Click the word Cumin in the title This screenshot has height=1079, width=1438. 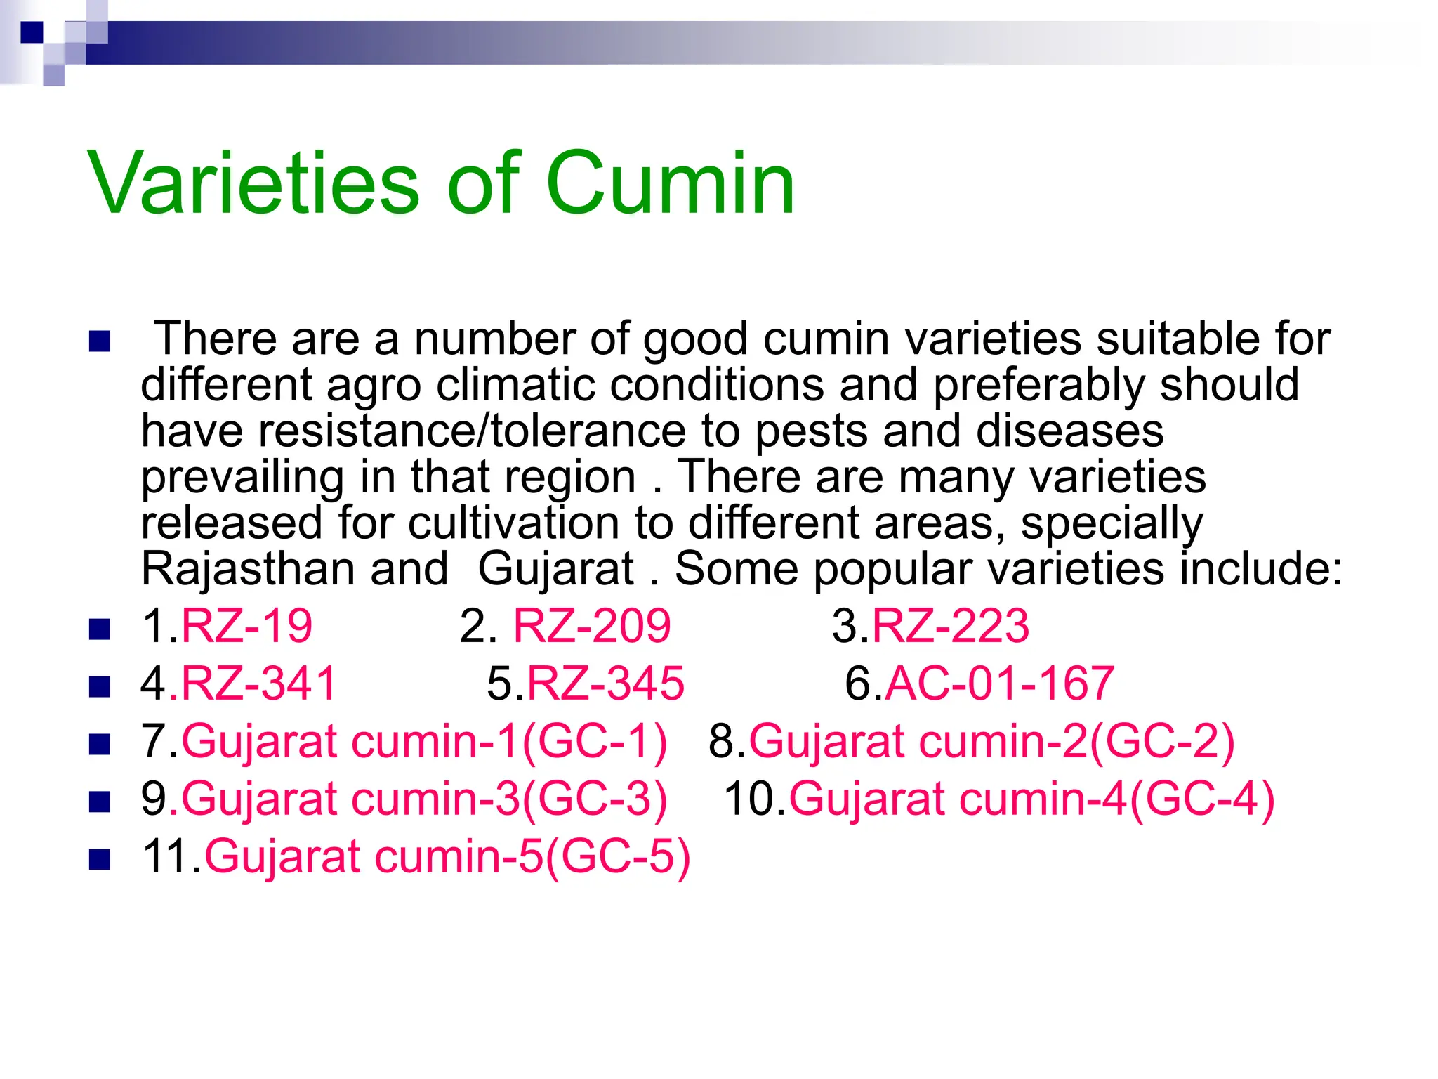tap(670, 184)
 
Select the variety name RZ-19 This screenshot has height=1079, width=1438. tap(246, 625)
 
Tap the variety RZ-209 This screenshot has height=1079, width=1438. tap(592, 625)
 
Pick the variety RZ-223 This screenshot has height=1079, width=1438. tap(950, 625)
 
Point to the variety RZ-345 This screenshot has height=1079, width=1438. tap(605, 683)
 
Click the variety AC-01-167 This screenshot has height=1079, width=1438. tap(1000, 683)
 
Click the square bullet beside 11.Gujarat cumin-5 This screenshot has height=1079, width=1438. tap(100, 859)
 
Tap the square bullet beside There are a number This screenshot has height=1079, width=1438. tap(100, 341)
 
